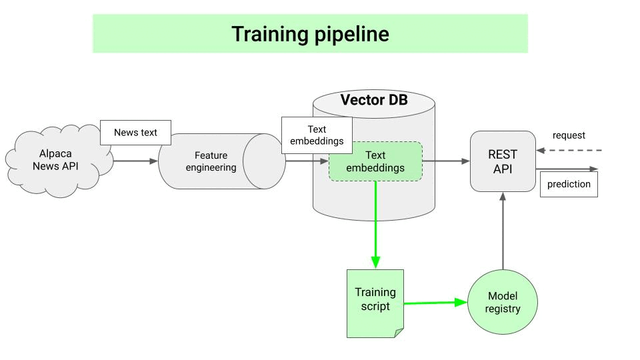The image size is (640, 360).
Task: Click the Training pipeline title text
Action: (310, 34)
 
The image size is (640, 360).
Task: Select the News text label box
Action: (135, 132)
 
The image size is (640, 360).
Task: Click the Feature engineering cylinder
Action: (211, 161)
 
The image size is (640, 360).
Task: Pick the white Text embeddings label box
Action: (317, 135)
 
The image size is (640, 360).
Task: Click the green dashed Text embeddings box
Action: (375, 161)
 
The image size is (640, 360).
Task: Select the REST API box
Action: (503, 161)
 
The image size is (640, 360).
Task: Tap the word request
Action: (569, 135)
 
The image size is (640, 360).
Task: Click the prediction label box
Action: (569, 184)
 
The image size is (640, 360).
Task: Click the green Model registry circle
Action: (503, 302)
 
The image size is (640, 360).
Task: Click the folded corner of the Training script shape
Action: (399, 332)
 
